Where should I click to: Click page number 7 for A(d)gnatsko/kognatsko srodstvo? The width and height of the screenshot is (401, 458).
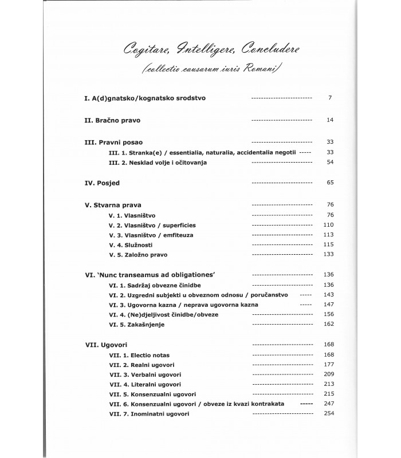pos(330,98)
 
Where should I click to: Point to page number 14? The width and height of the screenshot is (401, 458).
pos(329,121)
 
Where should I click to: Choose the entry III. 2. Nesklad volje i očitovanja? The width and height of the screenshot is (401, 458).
pos(150,163)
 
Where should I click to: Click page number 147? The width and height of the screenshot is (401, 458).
pos(327,305)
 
